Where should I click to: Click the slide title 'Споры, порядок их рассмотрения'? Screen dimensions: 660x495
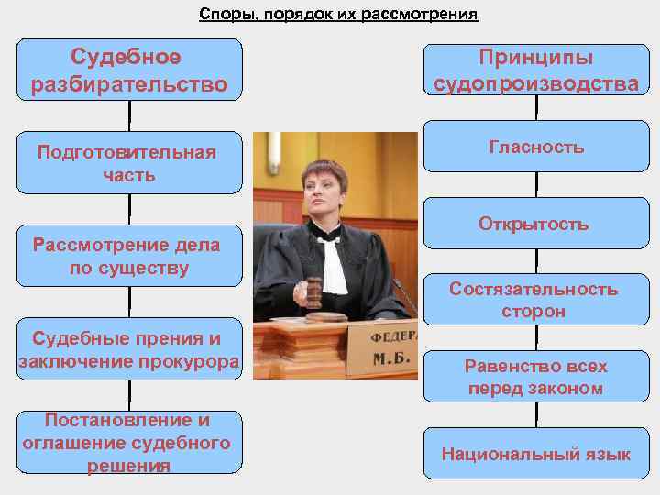click(338, 15)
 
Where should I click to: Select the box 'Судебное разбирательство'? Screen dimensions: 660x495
click(129, 71)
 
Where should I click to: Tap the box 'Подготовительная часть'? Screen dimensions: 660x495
click(129, 163)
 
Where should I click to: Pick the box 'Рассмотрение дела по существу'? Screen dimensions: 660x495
click(129, 257)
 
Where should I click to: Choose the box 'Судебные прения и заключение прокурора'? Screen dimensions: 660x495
click(129, 349)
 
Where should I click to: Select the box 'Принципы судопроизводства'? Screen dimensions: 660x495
click(536, 71)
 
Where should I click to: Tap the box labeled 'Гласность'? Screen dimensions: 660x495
click(536, 147)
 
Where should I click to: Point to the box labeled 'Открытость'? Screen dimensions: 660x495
click(536, 225)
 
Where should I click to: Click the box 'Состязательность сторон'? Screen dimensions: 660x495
click(536, 301)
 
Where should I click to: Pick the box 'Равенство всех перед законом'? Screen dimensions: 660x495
click(536, 377)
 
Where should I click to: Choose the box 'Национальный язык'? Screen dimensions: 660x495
click(536, 454)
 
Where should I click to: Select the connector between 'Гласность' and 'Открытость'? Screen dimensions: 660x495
click(536, 186)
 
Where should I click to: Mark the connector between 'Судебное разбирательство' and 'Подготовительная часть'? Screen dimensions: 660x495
click(129, 117)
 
